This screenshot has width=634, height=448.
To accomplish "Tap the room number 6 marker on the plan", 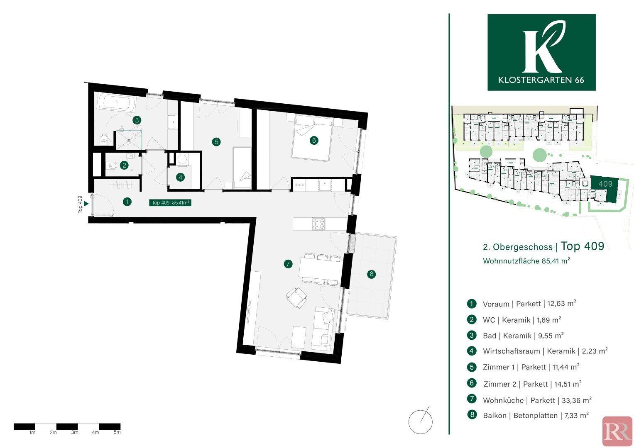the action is tap(313, 140).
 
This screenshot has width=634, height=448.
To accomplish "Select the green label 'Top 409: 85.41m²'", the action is tap(170, 202).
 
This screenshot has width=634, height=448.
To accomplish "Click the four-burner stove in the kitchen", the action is tap(318, 224).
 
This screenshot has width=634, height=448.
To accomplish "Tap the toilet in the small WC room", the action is tap(113, 165).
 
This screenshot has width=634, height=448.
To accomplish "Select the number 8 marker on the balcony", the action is tap(371, 274).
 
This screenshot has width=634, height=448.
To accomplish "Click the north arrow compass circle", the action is tap(421, 422).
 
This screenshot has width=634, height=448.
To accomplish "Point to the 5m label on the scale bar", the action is tap(117, 432).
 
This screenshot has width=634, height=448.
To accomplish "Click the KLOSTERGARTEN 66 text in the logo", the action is tap(541, 80).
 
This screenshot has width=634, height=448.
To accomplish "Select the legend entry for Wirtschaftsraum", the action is tap(537, 351).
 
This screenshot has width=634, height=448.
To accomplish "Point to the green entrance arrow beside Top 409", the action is tap(86, 204).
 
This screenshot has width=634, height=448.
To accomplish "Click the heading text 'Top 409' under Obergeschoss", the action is tap(583, 246).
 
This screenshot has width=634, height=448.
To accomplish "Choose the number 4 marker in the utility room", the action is tap(180, 178).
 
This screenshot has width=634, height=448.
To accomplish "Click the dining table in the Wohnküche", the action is tap(320, 268).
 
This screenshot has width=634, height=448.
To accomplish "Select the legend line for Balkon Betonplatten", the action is tap(528, 415).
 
